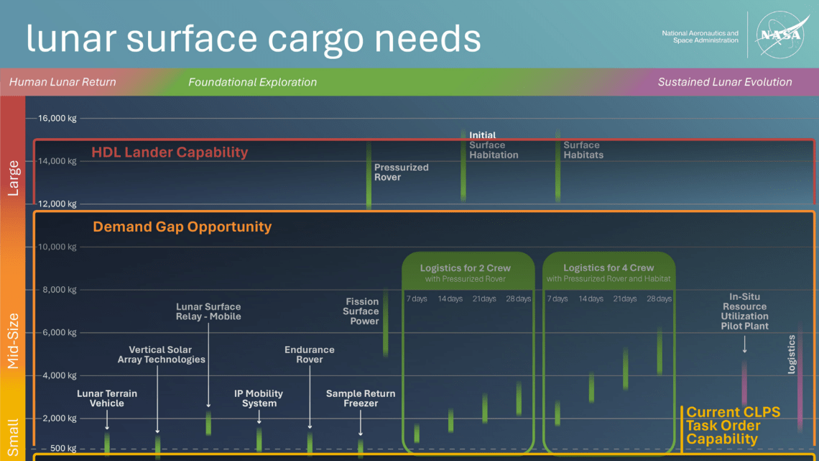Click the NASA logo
point(782,35)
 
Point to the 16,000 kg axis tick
point(57,118)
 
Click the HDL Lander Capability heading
point(170,152)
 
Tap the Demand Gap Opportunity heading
point(182,227)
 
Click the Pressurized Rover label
point(401,173)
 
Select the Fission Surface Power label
point(361,311)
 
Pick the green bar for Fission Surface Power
point(386,324)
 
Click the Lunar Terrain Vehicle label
point(107,398)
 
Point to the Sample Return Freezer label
point(361,398)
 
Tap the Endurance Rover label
point(310,355)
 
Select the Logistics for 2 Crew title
point(466,268)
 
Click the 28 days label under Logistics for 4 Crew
point(659,298)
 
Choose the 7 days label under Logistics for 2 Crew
point(417,298)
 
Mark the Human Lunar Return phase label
point(63,82)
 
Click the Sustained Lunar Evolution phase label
point(725,82)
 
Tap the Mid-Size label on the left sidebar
point(13,341)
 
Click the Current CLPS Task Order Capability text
point(733,425)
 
